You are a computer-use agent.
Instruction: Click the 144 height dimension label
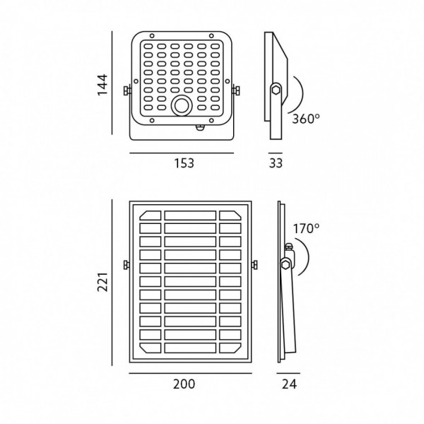[102, 85]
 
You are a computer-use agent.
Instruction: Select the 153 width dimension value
[184, 163]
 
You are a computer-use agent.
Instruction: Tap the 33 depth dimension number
[276, 163]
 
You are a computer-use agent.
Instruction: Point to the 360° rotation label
[306, 119]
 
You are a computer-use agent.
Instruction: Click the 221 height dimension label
[102, 282]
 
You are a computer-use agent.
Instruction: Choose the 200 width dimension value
[184, 384]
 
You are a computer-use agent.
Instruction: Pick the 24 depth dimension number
[289, 384]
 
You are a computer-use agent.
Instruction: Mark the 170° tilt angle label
[306, 229]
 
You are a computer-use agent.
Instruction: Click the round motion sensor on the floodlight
[182, 105]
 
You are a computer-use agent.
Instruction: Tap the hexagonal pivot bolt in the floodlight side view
[276, 90]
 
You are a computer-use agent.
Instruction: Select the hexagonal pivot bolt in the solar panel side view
[285, 264]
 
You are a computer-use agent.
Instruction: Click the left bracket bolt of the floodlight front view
[126, 90]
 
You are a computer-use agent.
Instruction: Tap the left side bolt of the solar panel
[126, 265]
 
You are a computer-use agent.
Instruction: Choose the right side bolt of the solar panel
[254, 265]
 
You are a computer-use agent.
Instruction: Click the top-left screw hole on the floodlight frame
[152, 36]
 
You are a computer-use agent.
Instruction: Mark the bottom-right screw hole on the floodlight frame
[211, 120]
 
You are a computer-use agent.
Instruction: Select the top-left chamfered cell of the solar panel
[151, 216]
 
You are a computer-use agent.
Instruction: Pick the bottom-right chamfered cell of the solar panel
[230, 348]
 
